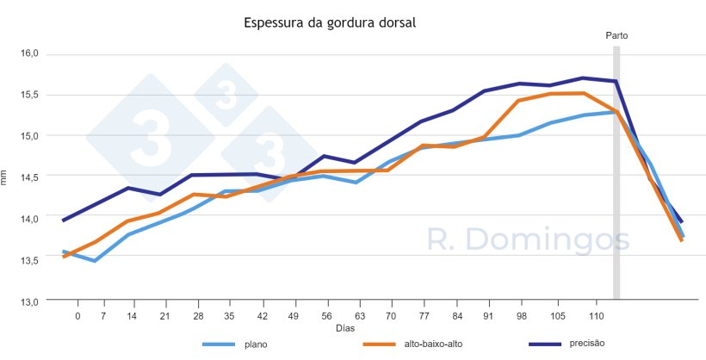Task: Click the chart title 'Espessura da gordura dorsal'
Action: tap(331, 23)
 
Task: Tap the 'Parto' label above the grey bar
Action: tap(616, 36)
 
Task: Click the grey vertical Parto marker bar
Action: tap(616, 172)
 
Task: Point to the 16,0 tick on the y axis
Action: tap(30, 53)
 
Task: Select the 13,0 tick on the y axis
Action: tap(30, 301)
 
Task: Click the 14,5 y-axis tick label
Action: tap(30, 177)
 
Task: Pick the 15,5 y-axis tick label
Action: tap(30, 95)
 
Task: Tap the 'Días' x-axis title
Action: tap(344, 328)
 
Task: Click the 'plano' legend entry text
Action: tap(255, 344)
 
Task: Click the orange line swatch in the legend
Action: tap(377, 344)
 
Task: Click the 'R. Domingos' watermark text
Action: tap(529, 240)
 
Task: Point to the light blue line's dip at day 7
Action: tap(95, 260)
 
